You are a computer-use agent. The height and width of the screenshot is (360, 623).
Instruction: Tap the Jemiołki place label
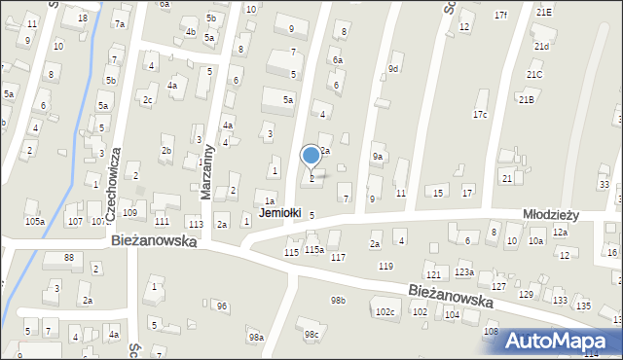click(279, 212)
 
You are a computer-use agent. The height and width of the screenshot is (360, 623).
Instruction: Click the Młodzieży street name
click(551, 216)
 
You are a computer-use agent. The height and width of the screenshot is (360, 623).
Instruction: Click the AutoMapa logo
click(562, 341)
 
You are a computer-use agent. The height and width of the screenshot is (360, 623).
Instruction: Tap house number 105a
click(35, 222)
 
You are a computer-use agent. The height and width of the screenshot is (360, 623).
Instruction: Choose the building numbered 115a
click(313, 250)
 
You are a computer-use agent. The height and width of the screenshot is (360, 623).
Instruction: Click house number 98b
click(338, 301)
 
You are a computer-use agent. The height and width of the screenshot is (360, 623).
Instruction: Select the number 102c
click(385, 312)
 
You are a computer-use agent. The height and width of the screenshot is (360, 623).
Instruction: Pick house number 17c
click(480, 115)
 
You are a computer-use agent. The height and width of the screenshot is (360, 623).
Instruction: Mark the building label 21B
click(527, 99)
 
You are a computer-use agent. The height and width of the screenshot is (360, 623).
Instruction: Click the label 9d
click(393, 68)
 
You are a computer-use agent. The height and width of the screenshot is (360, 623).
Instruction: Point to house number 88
click(69, 257)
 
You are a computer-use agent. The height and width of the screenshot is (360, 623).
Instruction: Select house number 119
click(385, 266)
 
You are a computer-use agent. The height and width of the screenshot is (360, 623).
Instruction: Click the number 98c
click(311, 335)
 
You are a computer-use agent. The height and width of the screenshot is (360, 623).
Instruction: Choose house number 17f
click(500, 15)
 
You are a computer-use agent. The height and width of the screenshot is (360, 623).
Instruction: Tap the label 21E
click(543, 12)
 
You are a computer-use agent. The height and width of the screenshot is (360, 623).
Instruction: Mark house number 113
click(196, 224)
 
